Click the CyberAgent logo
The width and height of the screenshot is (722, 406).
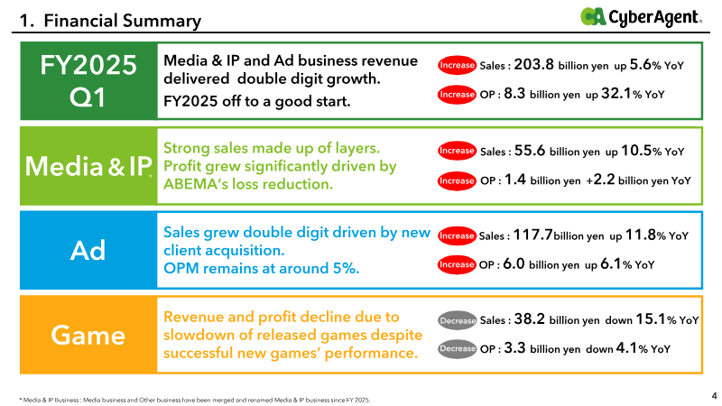(641, 17)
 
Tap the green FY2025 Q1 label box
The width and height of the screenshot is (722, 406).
(88, 81)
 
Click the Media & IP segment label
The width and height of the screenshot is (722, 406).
(88, 166)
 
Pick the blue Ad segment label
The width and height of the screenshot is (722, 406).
(88, 251)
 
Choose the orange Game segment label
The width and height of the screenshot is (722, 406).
(88, 335)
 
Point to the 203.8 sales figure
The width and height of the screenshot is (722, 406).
(533, 64)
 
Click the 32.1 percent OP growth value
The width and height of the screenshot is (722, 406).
(616, 94)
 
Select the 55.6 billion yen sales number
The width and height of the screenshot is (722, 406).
(530, 151)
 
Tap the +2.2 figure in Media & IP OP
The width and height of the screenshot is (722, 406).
(600, 180)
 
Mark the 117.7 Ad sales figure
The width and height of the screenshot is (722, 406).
(532, 235)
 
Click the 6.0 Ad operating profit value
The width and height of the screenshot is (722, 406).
(514, 263)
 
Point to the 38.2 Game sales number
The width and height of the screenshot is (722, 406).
(530, 319)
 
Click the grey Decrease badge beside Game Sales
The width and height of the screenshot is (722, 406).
(457, 321)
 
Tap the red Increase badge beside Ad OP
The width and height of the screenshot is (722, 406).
(457, 264)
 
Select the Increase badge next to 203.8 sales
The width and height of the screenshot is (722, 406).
(457, 65)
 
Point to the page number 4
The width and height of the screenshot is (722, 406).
(714, 396)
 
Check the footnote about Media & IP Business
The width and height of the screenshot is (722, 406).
(195, 400)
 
